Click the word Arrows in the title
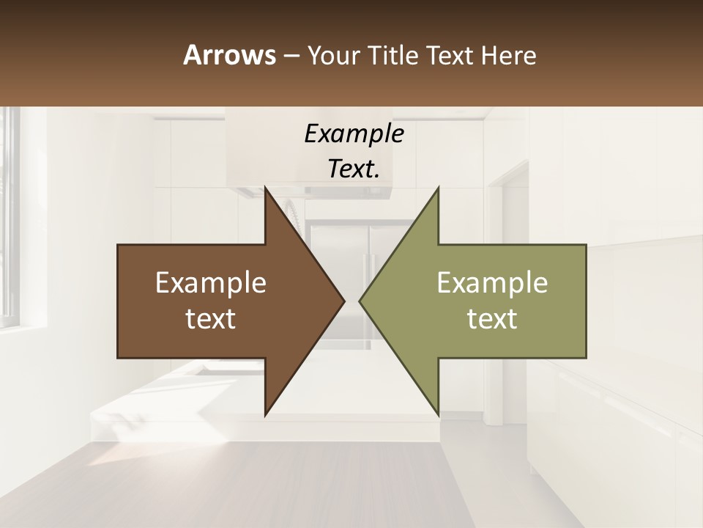(x=229, y=55)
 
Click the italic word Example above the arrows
(x=354, y=134)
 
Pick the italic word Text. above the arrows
(x=354, y=169)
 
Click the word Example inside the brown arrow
(x=211, y=282)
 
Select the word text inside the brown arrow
(x=211, y=319)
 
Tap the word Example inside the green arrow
(x=492, y=282)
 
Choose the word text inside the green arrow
(x=492, y=319)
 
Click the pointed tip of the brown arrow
(x=343, y=301)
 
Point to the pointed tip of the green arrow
(x=360, y=301)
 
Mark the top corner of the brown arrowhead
(x=265, y=188)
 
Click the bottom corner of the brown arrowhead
(x=265, y=414)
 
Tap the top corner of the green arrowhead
(x=438, y=188)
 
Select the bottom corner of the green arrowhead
(x=438, y=414)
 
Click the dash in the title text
(x=290, y=56)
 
